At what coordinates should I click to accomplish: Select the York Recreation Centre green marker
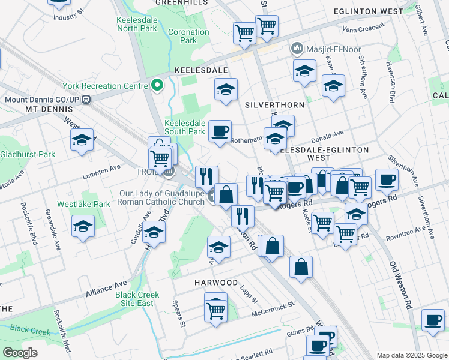click(x=157, y=86)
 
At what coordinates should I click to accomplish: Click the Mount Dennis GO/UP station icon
click(x=87, y=100)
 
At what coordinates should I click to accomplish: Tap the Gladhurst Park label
click(x=28, y=154)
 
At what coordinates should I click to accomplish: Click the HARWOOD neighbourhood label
click(x=215, y=282)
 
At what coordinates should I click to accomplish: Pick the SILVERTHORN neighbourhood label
click(x=276, y=104)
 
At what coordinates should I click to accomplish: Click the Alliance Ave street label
click(x=106, y=290)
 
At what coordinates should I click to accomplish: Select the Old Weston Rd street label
click(x=401, y=285)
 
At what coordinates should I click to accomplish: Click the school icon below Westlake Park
click(x=83, y=227)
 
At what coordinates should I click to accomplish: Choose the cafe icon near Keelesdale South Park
click(x=220, y=131)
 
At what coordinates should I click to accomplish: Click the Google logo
click(x=20, y=353)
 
